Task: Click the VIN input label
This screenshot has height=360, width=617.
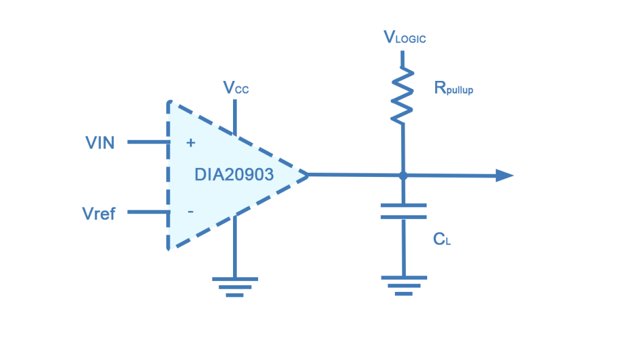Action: pyautogui.click(x=99, y=144)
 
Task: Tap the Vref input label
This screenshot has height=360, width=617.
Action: pyautogui.click(x=98, y=213)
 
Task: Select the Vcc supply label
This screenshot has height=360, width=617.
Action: pyautogui.click(x=235, y=88)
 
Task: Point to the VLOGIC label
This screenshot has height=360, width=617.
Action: pyautogui.click(x=405, y=38)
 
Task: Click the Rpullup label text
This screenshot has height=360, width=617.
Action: pyautogui.click(x=453, y=89)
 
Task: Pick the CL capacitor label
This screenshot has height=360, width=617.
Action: pyautogui.click(x=442, y=239)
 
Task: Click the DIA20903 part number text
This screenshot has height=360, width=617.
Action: pyautogui.click(x=234, y=175)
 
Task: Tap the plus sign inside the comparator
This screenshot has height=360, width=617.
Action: pyautogui.click(x=190, y=143)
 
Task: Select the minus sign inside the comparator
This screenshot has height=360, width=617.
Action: pyautogui.click(x=190, y=212)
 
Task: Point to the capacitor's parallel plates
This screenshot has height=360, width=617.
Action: pyautogui.click(x=403, y=211)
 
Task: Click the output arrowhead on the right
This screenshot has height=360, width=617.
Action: pyautogui.click(x=504, y=176)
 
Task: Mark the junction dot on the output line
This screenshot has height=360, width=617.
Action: pyautogui.click(x=403, y=176)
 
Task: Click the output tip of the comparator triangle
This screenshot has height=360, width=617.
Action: pyautogui.click(x=307, y=175)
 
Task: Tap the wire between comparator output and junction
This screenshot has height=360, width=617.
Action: pyautogui.click(x=353, y=175)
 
